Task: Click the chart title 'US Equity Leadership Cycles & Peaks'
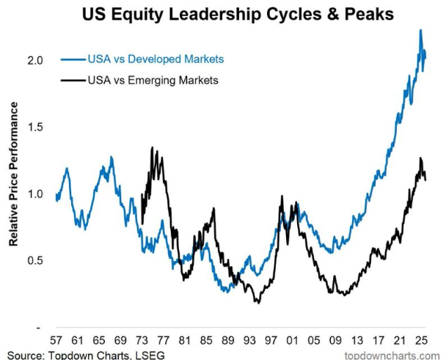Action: pyautogui.click(x=238, y=14)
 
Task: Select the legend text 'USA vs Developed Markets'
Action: pyautogui.click(x=156, y=59)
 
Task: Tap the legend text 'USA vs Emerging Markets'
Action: pyautogui.click(x=153, y=80)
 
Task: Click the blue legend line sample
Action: pyautogui.click(x=73, y=59)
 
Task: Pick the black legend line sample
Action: pyautogui.click(x=73, y=81)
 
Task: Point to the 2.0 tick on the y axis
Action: pyautogui.click(x=35, y=61)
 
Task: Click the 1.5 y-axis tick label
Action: pyautogui.click(x=35, y=127)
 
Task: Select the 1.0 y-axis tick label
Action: pyautogui.click(x=35, y=194)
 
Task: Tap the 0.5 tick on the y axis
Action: pyautogui.click(x=35, y=260)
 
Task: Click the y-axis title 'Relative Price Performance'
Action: pyautogui.click(x=13, y=174)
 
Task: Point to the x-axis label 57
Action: pyautogui.click(x=56, y=340)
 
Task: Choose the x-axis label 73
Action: pyautogui.click(x=142, y=340)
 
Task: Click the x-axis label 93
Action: pyautogui.click(x=249, y=340)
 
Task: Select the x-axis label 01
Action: pyautogui.click(x=293, y=340)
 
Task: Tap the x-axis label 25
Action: pyautogui.click(x=422, y=340)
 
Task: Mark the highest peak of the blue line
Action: pyautogui.click(x=420, y=30)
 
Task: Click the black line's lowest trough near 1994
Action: pyautogui.click(x=258, y=303)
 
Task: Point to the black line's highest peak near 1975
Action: pyautogui.click(x=152, y=147)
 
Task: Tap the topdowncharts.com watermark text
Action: pyautogui.click(x=392, y=356)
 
